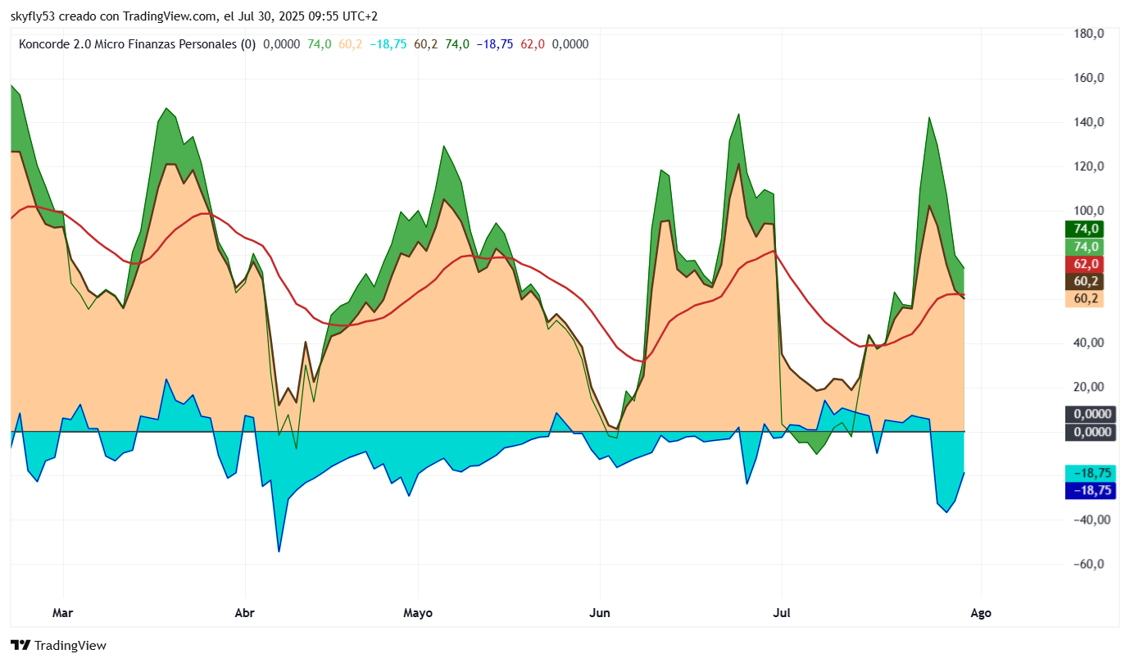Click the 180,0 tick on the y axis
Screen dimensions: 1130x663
point(1089,34)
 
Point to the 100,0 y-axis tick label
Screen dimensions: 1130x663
point(1089,211)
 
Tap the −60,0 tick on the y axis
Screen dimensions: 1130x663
point(1089,564)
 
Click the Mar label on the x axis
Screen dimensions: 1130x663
point(62,613)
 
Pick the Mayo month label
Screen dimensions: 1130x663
point(418,613)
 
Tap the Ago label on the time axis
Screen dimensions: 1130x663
point(981,613)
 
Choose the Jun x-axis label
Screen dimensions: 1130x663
point(600,613)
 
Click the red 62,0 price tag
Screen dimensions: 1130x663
point(1084,264)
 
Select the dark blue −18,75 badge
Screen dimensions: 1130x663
point(1090,490)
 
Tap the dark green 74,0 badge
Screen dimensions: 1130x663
point(1084,229)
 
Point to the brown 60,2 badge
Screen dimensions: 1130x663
point(1084,281)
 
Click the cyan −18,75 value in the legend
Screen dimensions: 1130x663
point(388,44)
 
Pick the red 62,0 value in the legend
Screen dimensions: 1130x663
point(532,44)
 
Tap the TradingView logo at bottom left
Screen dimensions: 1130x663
point(58,645)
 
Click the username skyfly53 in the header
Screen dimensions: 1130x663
point(33,16)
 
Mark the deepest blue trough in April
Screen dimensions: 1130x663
point(279,552)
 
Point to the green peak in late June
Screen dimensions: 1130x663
point(738,114)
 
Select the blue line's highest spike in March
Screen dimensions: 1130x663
point(166,379)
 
